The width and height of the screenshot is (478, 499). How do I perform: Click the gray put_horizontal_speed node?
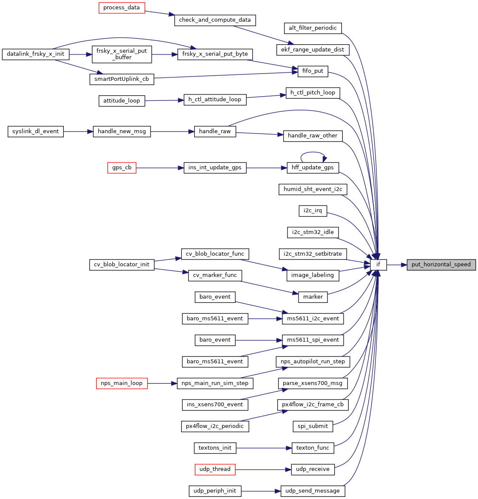[x=441, y=265]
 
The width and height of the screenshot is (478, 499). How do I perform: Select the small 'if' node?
[x=378, y=265]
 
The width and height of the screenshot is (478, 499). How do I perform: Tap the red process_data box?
[x=122, y=8]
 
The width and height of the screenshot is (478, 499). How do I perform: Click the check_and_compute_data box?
[x=215, y=20]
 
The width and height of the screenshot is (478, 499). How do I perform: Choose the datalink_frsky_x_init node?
[x=36, y=54]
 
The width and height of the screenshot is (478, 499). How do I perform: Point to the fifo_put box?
[x=313, y=71]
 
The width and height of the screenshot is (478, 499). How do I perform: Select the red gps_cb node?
[x=122, y=168]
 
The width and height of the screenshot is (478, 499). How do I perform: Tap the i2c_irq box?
[x=313, y=211]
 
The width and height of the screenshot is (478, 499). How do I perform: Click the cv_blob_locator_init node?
[x=122, y=265]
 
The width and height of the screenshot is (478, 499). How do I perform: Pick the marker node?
[x=313, y=297]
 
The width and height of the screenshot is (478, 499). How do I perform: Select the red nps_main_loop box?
[x=122, y=383]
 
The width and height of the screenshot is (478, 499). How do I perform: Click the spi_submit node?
[x=313, y=426]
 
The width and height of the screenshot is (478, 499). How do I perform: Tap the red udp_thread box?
[x=215, y=469]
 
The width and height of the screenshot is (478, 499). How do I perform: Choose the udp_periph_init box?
[x=215, y=491]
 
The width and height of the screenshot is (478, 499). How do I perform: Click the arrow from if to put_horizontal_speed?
[x=397, y=265]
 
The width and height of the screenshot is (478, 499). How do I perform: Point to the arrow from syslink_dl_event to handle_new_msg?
[x=78, y=131]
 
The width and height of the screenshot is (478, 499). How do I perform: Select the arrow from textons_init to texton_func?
[x=264, y=448]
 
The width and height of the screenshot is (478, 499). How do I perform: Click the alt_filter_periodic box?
[x=313, y=28]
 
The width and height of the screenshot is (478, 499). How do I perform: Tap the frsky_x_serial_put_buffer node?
[x=122, y=54]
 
